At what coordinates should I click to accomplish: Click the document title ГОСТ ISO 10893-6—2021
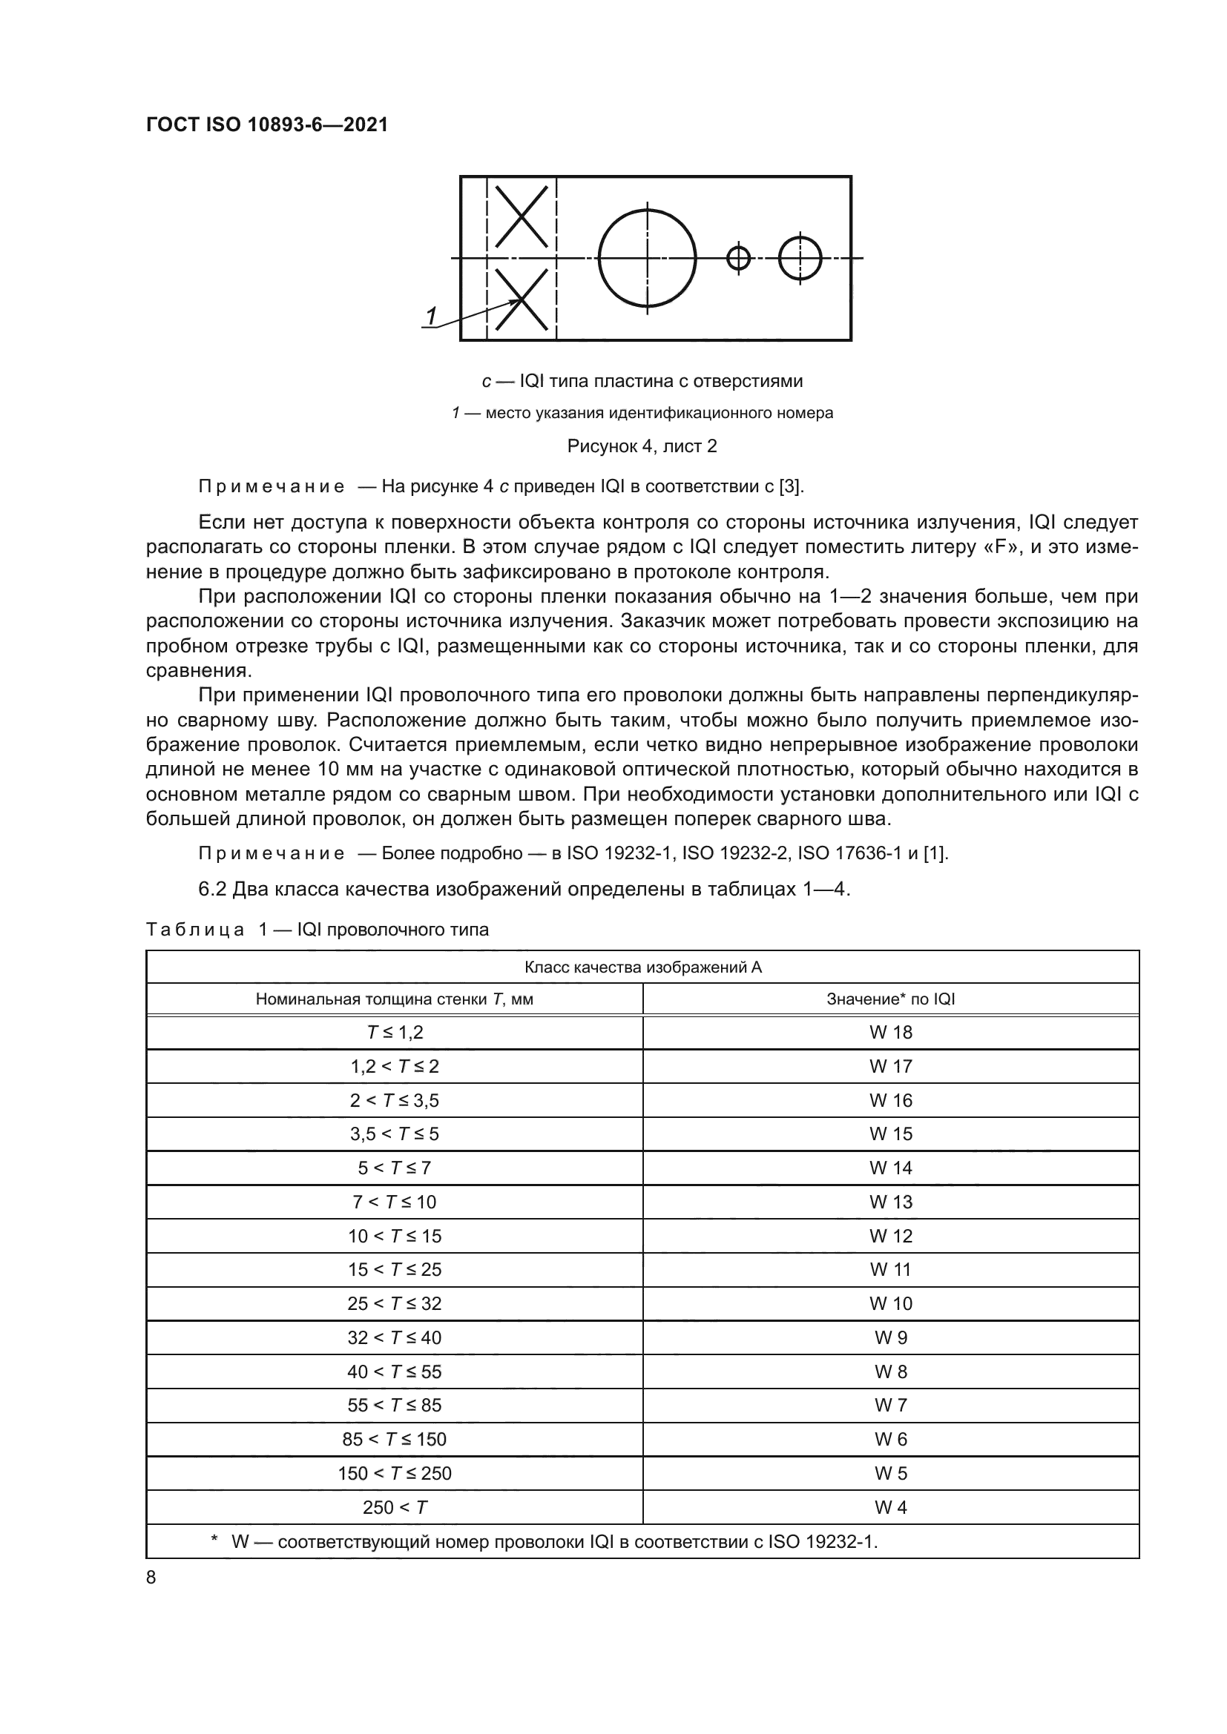267,125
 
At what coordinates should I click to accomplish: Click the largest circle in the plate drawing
647,258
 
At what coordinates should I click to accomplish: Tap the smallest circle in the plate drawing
738,258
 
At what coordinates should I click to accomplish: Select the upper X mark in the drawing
522,216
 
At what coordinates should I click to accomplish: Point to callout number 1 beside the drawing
431,317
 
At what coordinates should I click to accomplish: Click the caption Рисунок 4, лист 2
642,446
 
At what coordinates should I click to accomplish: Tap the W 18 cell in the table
890,1033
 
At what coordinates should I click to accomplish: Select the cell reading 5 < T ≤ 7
394,1168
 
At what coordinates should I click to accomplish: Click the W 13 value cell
890,1202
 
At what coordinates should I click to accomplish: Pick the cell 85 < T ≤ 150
394,1440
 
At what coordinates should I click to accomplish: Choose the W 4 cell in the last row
890,1507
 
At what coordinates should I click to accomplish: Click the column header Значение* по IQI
890,999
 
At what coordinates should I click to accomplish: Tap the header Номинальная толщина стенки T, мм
394,999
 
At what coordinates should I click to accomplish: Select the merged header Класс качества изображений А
642,967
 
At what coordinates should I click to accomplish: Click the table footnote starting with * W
544,1542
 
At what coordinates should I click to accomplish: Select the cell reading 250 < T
394,1507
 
